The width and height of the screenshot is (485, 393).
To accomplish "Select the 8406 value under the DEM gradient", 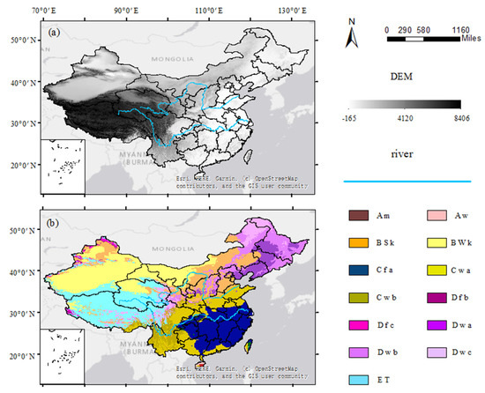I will point(461,115).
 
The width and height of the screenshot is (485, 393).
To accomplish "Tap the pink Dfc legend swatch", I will point(356,327).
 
